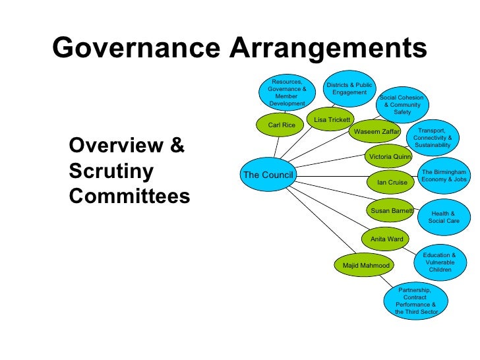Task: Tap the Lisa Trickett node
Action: (x=332, y=120)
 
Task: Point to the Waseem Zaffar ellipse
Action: (x=373, y=132)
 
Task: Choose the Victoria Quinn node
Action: (x=390, y=157)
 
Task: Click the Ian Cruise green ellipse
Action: (x=392, y=181)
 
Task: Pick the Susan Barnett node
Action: (x=391, y=211)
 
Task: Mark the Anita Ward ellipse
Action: (x=386, y=239)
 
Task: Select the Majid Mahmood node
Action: (x=366, y=265)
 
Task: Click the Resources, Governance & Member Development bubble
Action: (x=287, y=92)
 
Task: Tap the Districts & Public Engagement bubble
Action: (x=349, y=89)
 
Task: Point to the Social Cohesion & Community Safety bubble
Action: (x=402, y=105)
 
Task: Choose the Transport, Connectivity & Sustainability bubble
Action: (x=433, y=138)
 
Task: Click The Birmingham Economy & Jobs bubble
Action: (x=444, y=175)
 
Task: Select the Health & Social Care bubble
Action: (x=443, y=217)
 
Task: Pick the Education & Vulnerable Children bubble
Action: (x=439, y=262)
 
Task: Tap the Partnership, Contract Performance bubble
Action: (x=415, y=301)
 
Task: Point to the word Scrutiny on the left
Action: (x=111, y=171)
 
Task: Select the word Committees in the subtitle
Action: (x=129, y=196)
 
